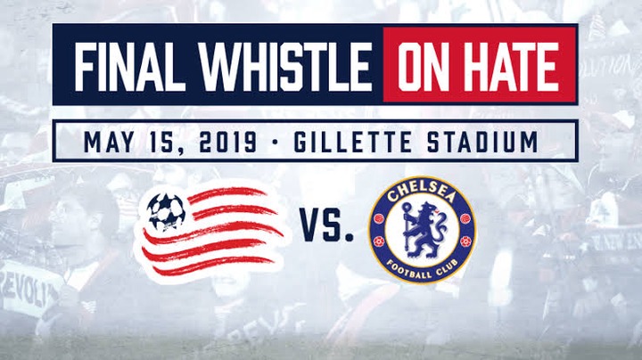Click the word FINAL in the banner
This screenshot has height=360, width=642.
click(129, 66)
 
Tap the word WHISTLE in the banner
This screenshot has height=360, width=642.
click(285, 66)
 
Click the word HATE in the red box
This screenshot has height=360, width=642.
click(514, 66)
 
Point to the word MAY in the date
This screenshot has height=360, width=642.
click(108, 142)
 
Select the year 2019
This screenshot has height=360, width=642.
click(228, 142)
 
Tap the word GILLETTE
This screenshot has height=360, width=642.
click(352, 142)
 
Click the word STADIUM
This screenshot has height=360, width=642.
click(482, 142)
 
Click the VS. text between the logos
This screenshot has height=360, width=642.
click(326, 225)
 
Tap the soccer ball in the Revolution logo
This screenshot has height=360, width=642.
click(166, 212)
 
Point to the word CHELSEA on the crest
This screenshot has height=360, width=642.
click(422, 193)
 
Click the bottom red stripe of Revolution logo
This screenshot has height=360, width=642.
click(214, 266)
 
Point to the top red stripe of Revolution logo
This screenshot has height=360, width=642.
click(227, 194)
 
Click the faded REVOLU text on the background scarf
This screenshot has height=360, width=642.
click(29, 290)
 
